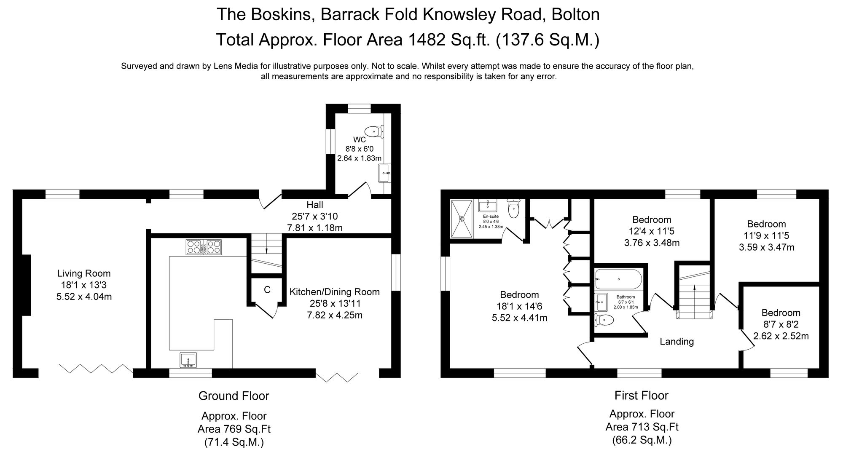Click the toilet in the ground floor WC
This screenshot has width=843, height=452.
[373, 131]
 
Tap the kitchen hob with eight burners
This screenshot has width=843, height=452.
[204, 247]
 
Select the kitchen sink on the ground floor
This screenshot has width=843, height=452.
[188, 360]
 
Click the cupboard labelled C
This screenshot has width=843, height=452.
[267, 290]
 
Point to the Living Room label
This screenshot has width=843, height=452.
[84, 274]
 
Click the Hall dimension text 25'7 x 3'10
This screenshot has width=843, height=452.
[315, 217]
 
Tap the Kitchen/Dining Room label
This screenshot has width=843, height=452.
[335, 292]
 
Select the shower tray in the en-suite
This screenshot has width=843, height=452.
[462, 218]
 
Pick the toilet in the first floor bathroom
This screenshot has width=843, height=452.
[604, 320]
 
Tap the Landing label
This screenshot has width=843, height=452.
[677, 342]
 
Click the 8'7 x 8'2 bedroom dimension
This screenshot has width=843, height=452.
[781, 324]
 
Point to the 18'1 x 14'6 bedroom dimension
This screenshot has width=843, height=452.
[520, 306]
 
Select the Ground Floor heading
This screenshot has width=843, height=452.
[234, 396]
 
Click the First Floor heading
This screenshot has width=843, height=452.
[641, 396]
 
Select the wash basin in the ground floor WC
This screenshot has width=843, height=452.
[384, 173]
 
